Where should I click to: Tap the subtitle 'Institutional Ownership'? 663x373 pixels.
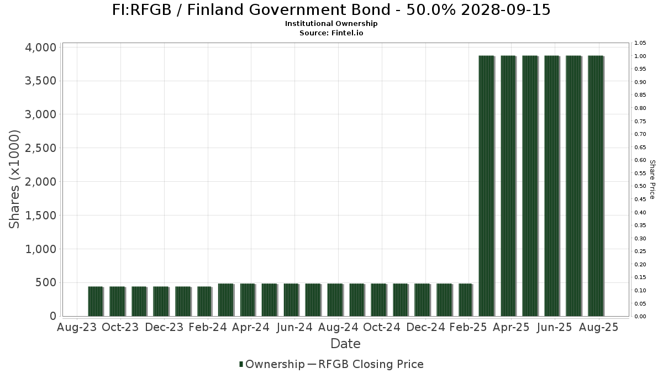[331, 24]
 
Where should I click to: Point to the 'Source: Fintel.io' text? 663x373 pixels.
[331, 33]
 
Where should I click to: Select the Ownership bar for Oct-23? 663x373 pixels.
[117, 301]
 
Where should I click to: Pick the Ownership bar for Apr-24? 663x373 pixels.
[248, 300]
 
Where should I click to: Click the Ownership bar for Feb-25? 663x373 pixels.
[465, 300]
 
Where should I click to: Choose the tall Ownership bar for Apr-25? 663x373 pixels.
[508, 186]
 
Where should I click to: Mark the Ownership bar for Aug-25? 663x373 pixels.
[596, 186]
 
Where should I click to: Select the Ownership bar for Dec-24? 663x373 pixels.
[422, 300]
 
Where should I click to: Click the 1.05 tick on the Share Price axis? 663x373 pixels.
[640, 43]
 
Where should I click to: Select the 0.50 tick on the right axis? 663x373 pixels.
[640, 186]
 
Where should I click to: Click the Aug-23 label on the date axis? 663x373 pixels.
[77, 327]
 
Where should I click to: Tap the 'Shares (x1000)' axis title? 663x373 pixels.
[14, 179]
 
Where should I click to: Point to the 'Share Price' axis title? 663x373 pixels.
[652, 179]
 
